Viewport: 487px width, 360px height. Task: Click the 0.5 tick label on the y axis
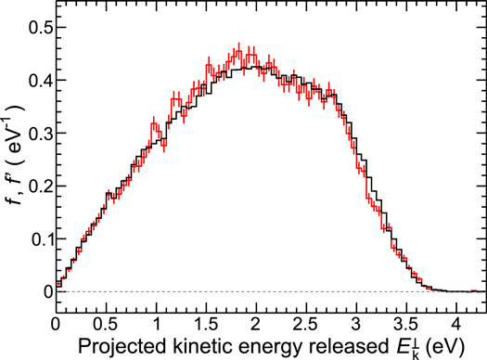click(36, 27)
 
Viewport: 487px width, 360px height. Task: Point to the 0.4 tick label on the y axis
click(36, 80)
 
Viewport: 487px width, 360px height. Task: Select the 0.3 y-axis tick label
click(36, 133)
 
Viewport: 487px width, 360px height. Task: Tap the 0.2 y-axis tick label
click(36, 186)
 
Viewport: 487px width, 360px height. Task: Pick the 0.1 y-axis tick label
click(36, 238)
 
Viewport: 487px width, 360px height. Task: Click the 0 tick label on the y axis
click(44, 291)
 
